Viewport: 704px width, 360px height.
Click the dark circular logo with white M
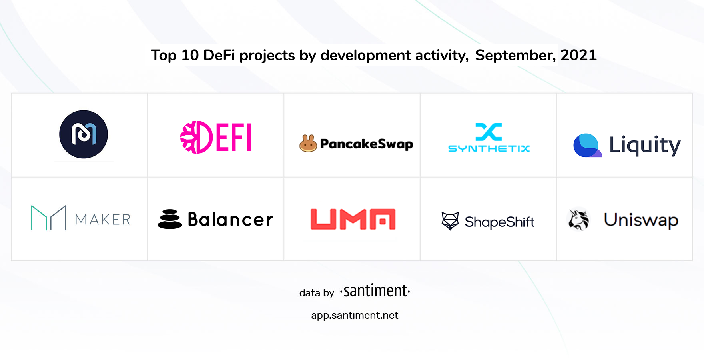click(x=84, y=134)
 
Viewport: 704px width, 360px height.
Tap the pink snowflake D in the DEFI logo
click(x=196, y=137)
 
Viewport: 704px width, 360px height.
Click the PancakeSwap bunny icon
click(x=308, y=143)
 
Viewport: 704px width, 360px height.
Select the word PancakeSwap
click(x=367, y=144)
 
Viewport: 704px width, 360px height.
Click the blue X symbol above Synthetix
click(x=489, y=132)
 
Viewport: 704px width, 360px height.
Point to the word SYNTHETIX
click(x=489, y=149)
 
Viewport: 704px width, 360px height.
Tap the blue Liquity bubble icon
click(x=587, y=145)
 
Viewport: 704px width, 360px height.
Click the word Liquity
click(x=645, y=145)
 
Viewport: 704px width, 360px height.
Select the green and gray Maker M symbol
click(x=49, y=218)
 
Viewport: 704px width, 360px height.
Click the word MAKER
click(x=103, y=220)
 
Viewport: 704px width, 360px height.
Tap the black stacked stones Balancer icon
click(x=170, y=219)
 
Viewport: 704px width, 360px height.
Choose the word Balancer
click(x=230, y=220)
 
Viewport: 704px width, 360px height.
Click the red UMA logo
click(x=353, y=219)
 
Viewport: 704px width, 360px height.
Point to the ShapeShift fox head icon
click(x=450, y=221)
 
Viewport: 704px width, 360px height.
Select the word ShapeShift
click(x=499, y=222)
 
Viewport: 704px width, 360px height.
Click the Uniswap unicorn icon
click(x=578, y=220)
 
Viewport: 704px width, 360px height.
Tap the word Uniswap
click(x=641, y=220)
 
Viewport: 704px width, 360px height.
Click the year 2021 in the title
click(x=578, y=55)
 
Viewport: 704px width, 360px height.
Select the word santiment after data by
click(x=375, y=291)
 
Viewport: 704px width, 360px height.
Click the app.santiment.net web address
click(x=355, y=316)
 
